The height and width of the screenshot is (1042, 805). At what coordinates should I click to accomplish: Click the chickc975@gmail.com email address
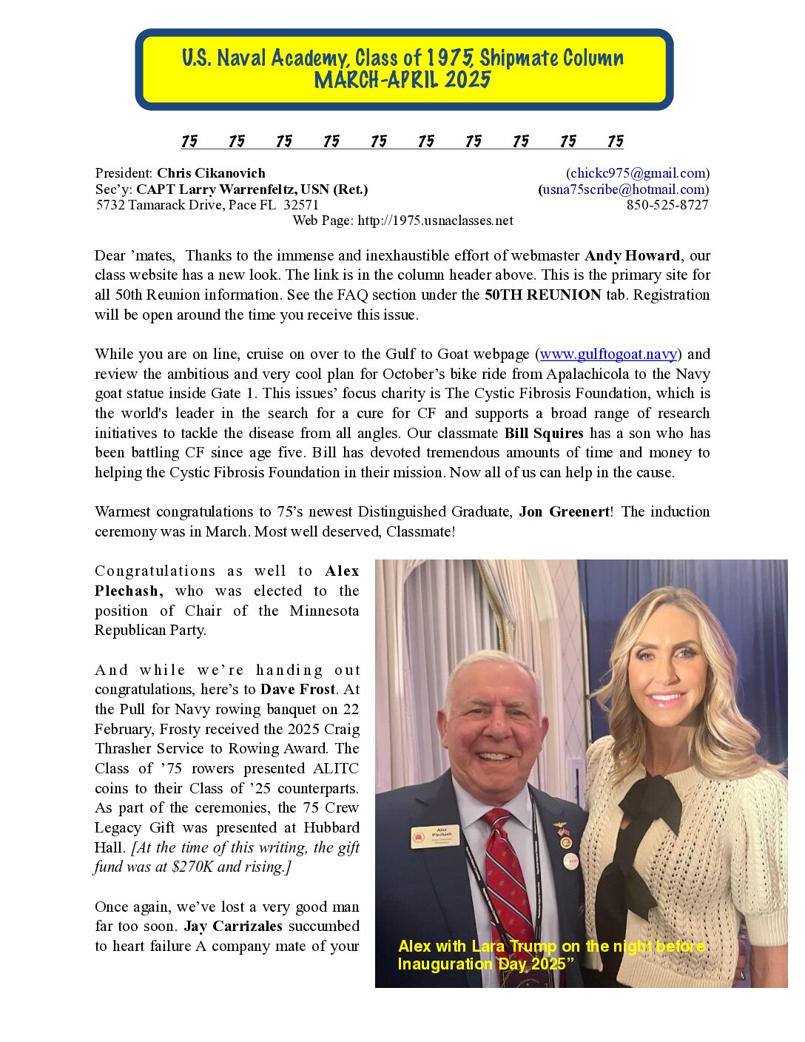point(638,173)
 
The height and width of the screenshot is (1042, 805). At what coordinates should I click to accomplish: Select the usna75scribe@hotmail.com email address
point(623,189)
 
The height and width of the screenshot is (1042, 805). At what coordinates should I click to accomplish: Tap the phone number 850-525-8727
point(667,205)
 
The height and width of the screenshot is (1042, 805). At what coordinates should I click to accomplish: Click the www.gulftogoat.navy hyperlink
point(608,354)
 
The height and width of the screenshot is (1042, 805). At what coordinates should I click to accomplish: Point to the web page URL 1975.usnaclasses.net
point(435,221)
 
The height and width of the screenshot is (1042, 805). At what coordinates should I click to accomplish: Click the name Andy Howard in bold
point(632,255)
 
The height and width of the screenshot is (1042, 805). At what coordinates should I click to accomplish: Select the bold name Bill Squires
point(544,433)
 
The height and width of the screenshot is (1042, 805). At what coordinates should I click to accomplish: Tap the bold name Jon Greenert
point(565,511)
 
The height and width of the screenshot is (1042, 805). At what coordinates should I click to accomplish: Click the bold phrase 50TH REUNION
point(542,295)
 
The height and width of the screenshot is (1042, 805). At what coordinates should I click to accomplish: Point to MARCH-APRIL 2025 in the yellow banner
point(402,80)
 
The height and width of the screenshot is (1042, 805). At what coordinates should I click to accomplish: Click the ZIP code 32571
point(301,205)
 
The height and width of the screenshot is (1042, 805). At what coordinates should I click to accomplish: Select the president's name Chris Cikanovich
point(211,173)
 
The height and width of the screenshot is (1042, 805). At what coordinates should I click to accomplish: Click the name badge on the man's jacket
point(436,836)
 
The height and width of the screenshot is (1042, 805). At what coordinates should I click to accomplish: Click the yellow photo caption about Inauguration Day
point(551,955)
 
